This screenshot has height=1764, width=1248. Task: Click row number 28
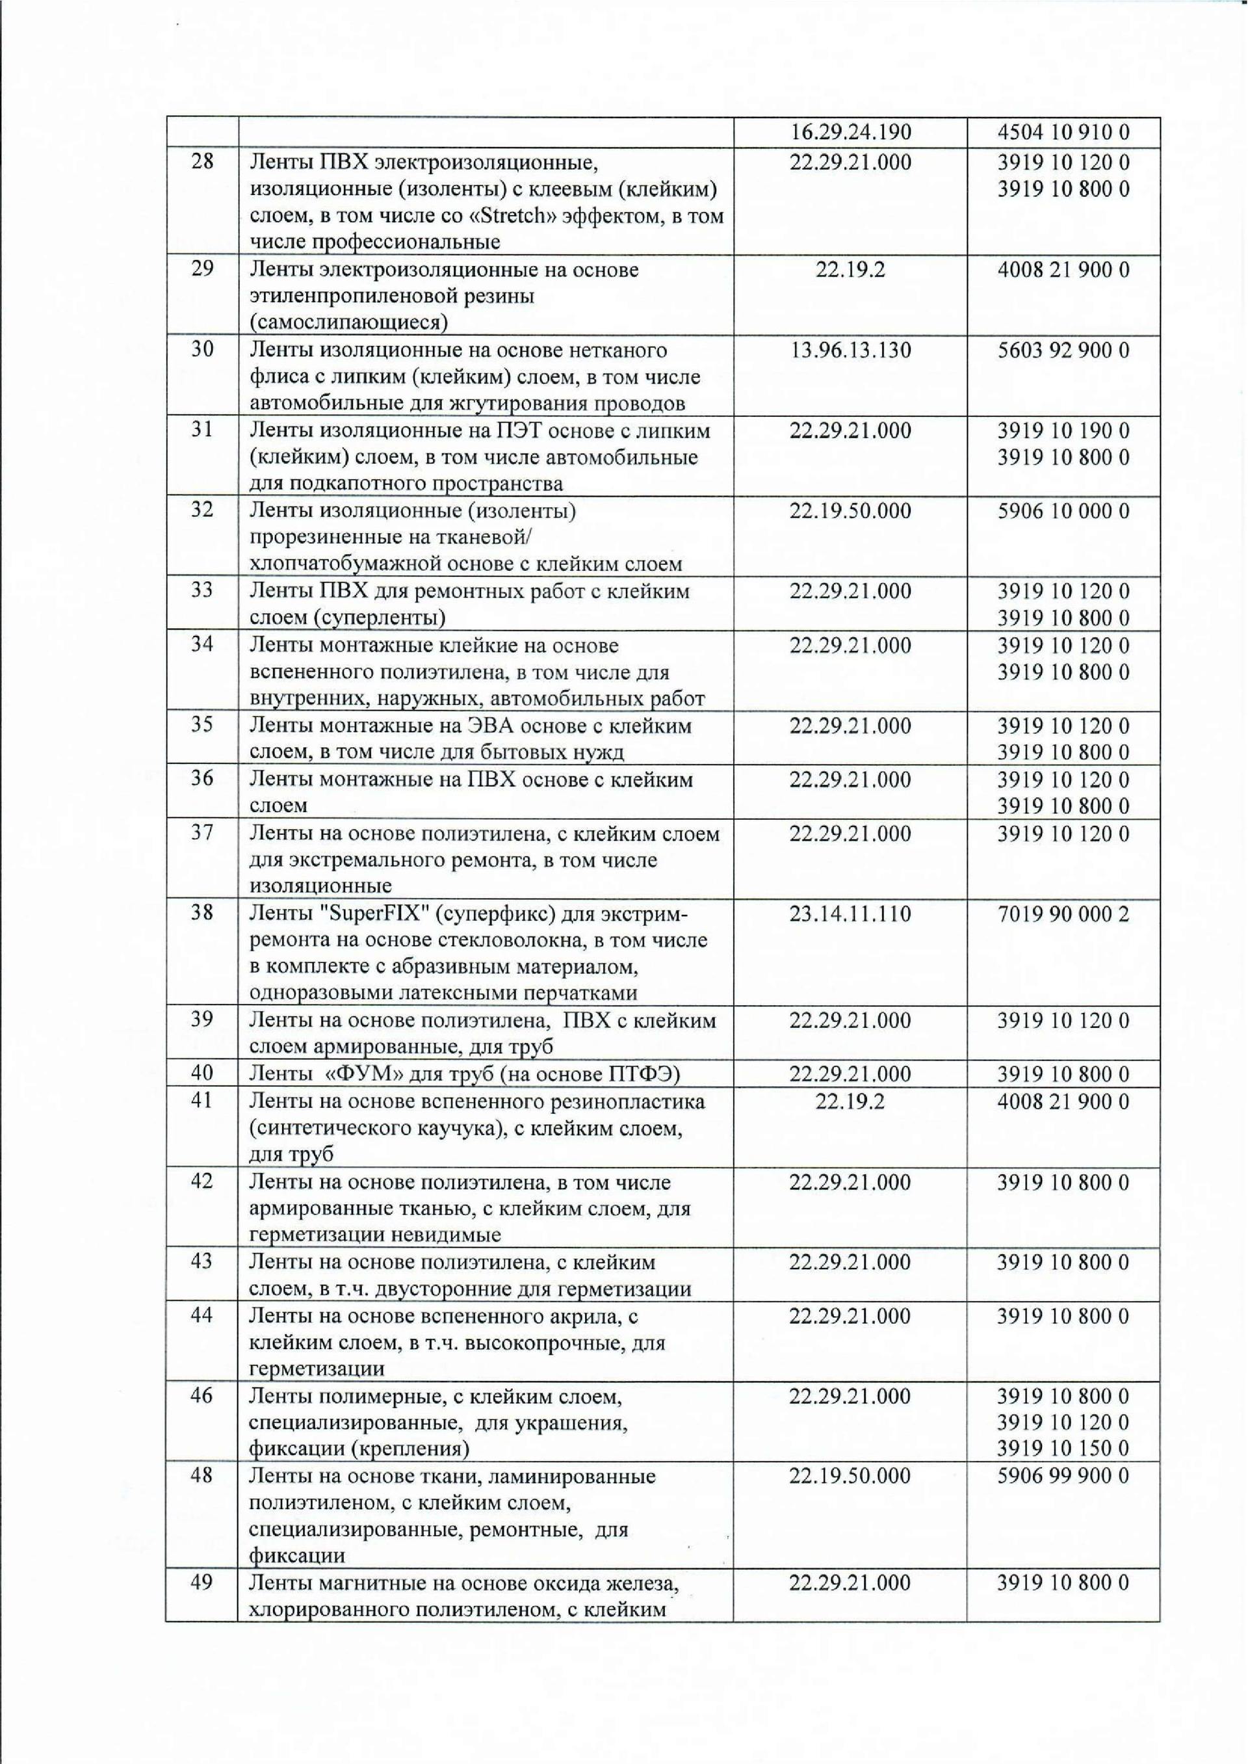point(201,162)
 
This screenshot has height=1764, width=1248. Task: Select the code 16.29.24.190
point(850,132)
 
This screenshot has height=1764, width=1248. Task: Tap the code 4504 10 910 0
point(1063,132)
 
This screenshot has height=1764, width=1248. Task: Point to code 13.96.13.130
point(850,350)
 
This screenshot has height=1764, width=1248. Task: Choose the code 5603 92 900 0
point(1063,350)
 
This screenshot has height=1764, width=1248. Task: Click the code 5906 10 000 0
point(1063,511)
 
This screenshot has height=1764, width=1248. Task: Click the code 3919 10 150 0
point(1063,1448)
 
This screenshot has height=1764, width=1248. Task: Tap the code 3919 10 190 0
point(1063,430)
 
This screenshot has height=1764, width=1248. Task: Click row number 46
point(201,1394)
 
